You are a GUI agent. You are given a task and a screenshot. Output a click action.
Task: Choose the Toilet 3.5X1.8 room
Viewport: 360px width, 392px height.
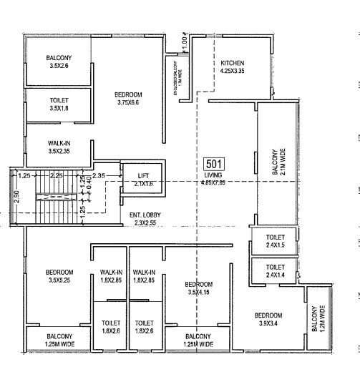click(58, 105)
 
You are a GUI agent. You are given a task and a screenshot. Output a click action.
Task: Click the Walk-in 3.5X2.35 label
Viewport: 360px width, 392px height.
click(59, 147)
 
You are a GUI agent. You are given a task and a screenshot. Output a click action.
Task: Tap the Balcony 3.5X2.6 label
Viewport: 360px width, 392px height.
click(58, 62)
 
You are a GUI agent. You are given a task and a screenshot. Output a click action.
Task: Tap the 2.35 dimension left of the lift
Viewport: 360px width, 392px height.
click(99, 175)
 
